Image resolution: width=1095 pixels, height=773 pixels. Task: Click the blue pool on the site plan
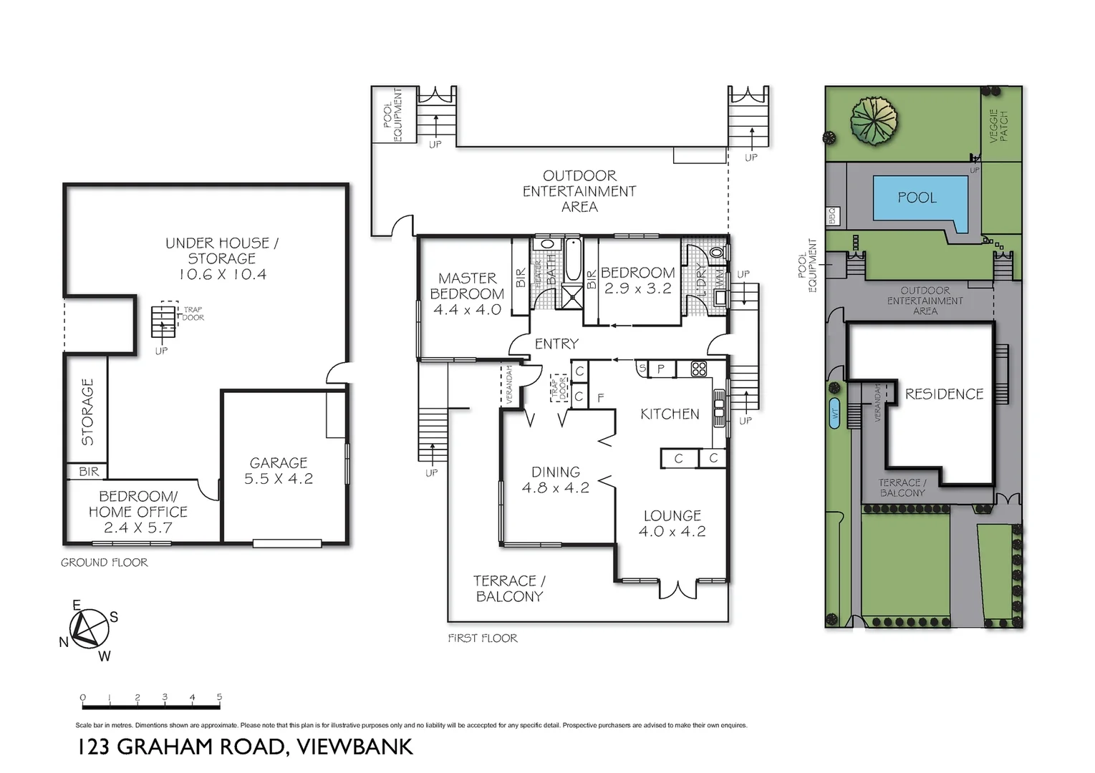coord(916,198)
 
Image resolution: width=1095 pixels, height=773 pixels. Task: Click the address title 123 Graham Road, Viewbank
coord(245,747)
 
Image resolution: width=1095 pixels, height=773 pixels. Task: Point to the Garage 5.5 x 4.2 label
coord(279,471)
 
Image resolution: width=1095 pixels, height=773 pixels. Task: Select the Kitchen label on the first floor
coord(670,414)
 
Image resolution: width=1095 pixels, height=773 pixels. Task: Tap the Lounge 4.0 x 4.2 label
coord(672,523)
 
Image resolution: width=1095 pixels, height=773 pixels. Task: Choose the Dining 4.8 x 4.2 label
coord(556,480)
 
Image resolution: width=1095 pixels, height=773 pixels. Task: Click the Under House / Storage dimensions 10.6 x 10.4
coord(222,274)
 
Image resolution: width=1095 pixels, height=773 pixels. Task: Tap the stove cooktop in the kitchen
coord(698,369)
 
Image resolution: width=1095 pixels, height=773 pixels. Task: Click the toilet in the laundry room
coord(718,253)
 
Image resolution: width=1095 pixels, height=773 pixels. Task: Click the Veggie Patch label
coord(998,126)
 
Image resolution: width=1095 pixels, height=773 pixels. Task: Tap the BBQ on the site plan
coord(832,215)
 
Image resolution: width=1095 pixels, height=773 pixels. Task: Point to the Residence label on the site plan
coord(944,394)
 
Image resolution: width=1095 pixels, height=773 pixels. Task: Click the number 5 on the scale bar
coord(219,697)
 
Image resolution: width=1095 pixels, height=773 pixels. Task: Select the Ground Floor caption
coord(105,563)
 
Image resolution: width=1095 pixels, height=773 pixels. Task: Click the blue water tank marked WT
coord(834,414)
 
